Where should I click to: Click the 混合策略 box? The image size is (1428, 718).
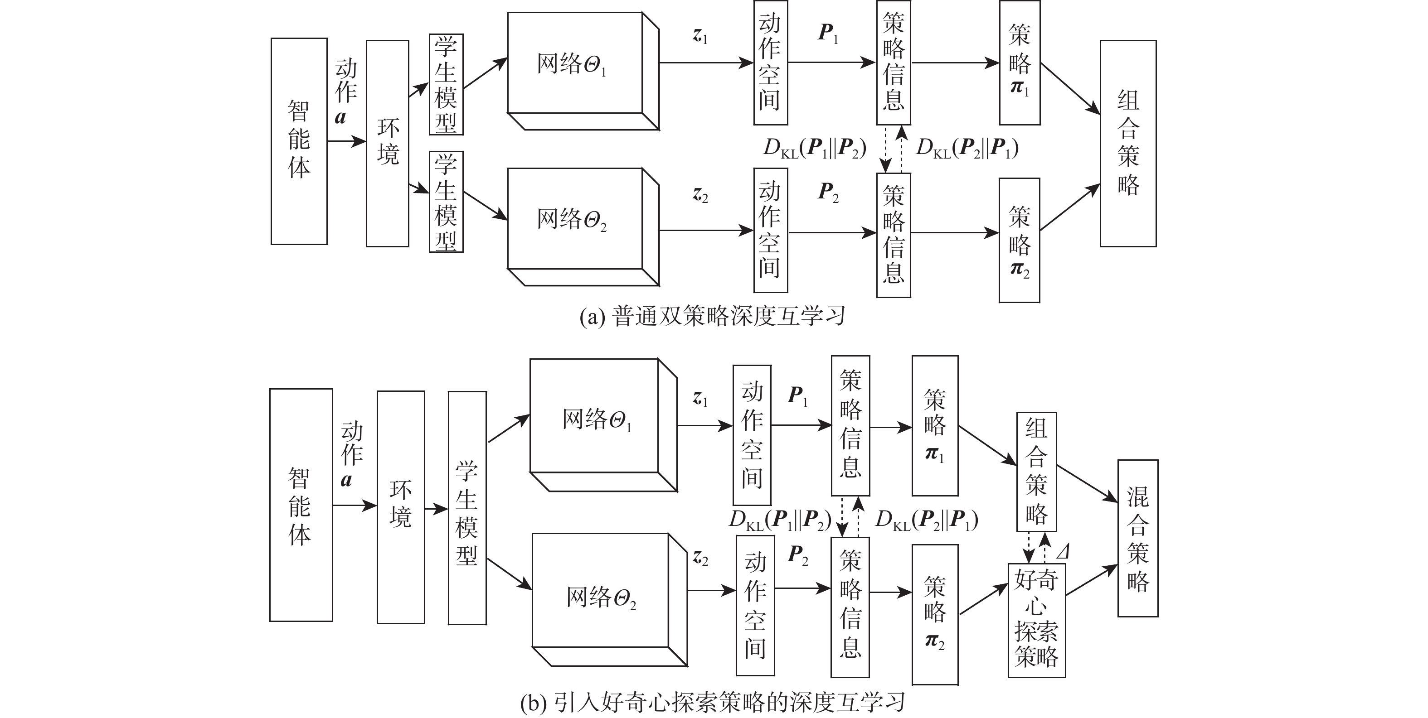[1137, 538]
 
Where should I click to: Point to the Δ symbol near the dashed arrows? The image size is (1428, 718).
[1063, 552]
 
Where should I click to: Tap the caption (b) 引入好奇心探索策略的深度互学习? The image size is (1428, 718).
[712, 703]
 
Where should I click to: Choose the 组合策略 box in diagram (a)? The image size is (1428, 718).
[1127, 143]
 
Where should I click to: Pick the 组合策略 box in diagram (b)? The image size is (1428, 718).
[1036, 472]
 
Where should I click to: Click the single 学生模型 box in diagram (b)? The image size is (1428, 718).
[467, 507]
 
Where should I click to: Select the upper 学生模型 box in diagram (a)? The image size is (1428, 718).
[446, 84]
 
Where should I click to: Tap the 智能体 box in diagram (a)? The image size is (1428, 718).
[299, 141]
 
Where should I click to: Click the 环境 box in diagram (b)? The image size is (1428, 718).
[400, 507]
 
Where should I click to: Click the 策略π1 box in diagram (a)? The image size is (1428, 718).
[1020, 63]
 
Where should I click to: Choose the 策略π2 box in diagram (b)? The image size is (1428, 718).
[935, 614]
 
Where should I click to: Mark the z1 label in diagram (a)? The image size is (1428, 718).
[700, 36]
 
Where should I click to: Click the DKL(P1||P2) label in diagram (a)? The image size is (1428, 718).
[814, 148]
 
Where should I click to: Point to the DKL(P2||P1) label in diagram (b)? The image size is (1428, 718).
[926, 520]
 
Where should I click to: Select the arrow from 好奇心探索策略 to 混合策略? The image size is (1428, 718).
[1091, 580]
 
